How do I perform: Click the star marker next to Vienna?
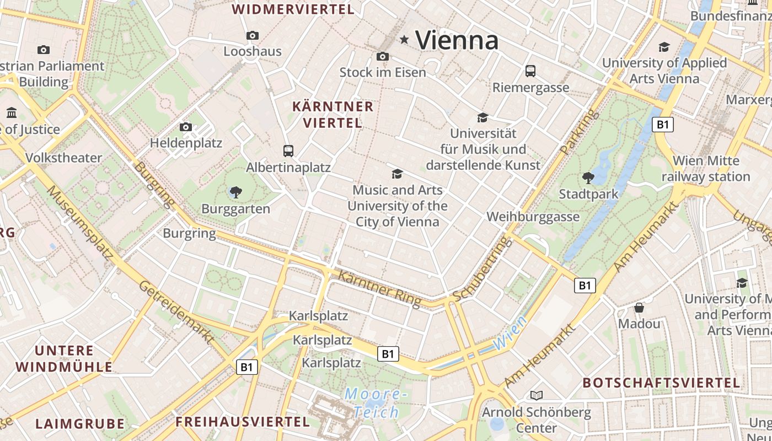click(405, 39)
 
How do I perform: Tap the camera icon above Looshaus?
click(253, 35)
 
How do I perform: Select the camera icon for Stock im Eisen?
click(383, 56)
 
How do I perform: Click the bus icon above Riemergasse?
click(530, 71)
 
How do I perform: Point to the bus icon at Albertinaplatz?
click(288, 150)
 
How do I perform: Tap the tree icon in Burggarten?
click(236, 192)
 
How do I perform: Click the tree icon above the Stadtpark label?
click(588, 178)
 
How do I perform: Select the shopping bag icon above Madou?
click(639, 307)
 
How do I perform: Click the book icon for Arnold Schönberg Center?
click(536, 395)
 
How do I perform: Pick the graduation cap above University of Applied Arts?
click(664, 47)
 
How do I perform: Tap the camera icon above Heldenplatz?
click(186, 127)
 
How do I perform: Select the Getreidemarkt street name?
click(175, 312)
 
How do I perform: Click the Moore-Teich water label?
click(376, 403)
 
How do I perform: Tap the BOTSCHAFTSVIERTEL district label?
click(661, 383)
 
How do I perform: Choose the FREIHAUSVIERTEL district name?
click(243, 422)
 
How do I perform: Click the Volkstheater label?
click(64, 158)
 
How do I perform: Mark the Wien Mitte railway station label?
click(706, 169)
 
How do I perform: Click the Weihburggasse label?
click(533, 217)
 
